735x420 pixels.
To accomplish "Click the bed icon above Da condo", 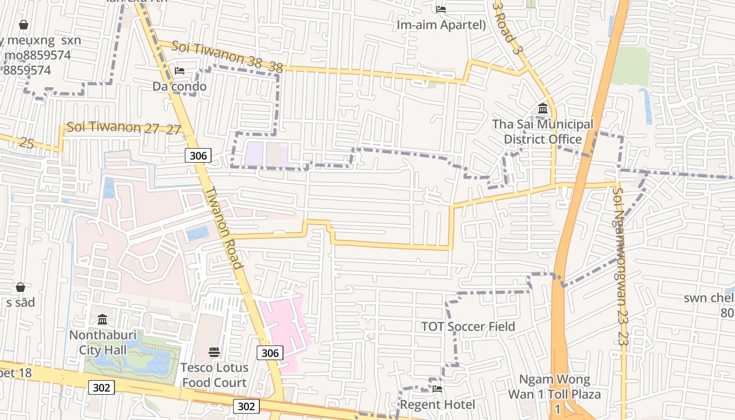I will [x=180, y=71].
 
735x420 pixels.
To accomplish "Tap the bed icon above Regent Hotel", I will [x=437, y=389].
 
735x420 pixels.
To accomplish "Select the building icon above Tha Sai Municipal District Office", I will [x=543, y=109].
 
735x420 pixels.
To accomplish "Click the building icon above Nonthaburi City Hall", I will [x=102, y=319].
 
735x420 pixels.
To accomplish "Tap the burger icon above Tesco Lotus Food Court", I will [x=214, y=352].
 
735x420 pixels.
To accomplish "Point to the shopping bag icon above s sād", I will [x=20, y=287].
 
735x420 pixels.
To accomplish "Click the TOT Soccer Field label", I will [x=468, y=327].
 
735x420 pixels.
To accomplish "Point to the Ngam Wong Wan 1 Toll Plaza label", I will [x=554, y=387].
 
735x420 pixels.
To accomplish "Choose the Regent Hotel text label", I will [x=437, y=405].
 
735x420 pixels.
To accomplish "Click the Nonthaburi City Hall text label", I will [x=103, y=342].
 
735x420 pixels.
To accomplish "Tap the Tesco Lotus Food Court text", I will [x=214, y=375].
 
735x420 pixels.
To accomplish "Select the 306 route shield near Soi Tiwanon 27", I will [x=198, y=155].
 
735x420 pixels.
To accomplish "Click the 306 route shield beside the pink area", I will [x=270, y=353].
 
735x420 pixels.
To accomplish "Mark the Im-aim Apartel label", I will [x=441, y=25].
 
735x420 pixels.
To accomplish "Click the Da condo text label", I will [x=180, y=86].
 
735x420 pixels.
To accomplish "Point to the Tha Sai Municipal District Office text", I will [x=543, y=132].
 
